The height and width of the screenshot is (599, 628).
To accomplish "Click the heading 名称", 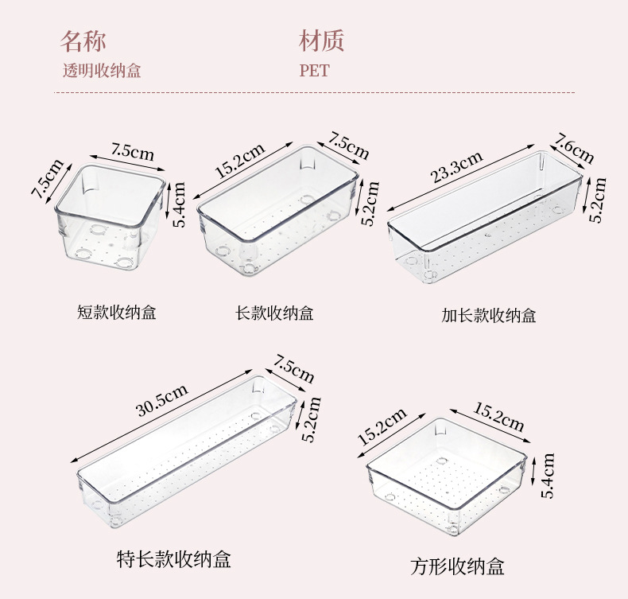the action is pyautogui.click(x=83, y=41).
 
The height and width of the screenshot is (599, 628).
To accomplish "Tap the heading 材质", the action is pyautogui.click(x=322, y=41).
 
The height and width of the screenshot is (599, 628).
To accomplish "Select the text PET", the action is pyautogui.click(x=314, y=71).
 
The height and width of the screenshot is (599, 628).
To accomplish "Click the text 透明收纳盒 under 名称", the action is pyautogui.click(x=102, y=71).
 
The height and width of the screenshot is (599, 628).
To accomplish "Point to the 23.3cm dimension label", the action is pyautogui.click(x=457, y=169).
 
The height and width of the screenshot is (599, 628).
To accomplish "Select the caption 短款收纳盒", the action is pyautogui.click(x=117, y=313).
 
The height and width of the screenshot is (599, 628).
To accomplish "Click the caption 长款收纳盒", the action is pyautogui.click(x=275, y=313).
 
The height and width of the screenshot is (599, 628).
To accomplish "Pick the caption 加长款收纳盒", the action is pyautogui.click(x=489, y=316).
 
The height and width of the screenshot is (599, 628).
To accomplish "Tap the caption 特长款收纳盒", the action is pyautogui.click(x=173, y=559).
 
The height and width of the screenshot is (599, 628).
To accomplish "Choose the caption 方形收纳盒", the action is pyautogui.click(x=457, y=566).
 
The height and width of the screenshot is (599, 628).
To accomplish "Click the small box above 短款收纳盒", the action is pyautogui.click(x=110, y=220).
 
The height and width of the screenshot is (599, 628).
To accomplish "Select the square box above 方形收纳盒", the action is pyautogui.click(x=448, y=474).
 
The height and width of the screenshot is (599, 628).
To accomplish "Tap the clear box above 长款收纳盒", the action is pyautogui.click(x=277, y=210).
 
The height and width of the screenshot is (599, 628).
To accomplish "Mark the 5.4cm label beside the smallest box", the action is pyautogui.click(x=180, y=205).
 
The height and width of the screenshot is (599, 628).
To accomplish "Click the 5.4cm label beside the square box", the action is pyautogui.click(x=547, y=476).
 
